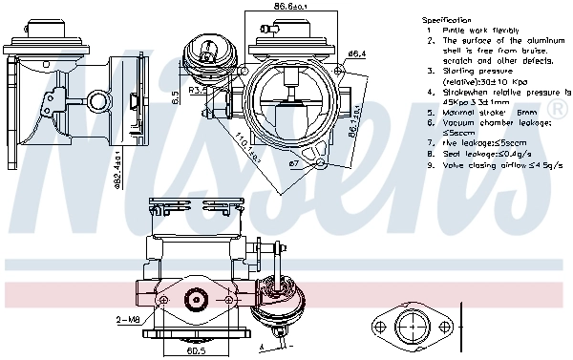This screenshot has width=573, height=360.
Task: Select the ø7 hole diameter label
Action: coord(295,164)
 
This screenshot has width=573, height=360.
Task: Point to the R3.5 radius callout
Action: coord(198,89)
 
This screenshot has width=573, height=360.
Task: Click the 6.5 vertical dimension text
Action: coord(175,96)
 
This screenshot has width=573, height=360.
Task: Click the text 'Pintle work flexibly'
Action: coord(475,30)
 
